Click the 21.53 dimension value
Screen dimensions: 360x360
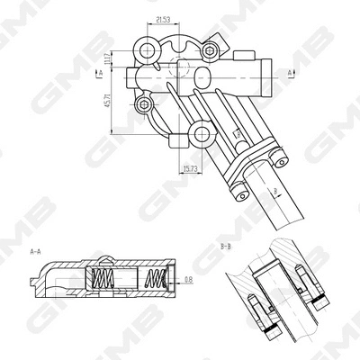click(x=164, y=19)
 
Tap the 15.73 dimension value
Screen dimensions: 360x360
click(x=190, y=167)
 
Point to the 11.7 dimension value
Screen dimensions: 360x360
click(x=107, y=60)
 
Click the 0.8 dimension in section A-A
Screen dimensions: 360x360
click(x=188, y=280)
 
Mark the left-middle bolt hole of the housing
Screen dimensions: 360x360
click(x=141, y=105)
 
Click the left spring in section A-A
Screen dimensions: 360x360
click(x=103, y=281)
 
